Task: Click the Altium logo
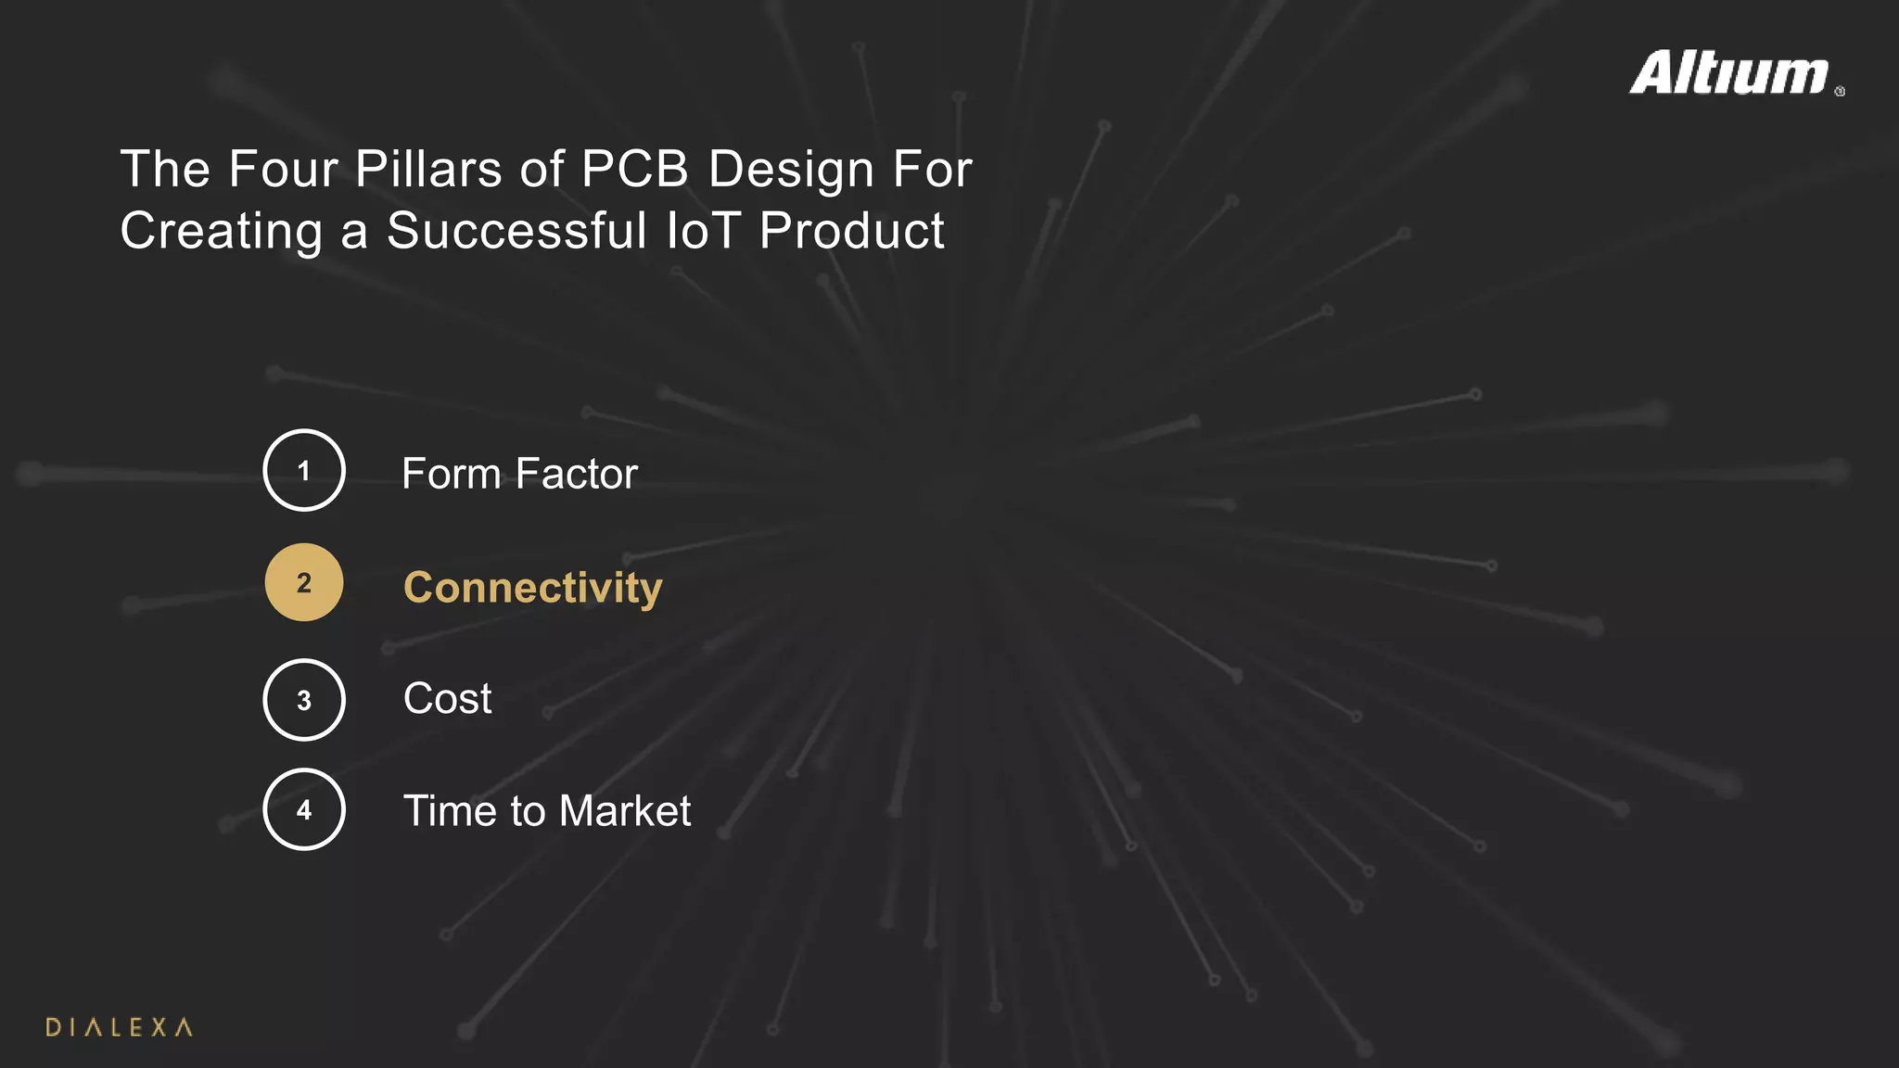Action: (1730, 73)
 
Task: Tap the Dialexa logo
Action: (119, 1027)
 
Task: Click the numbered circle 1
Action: (304, 471)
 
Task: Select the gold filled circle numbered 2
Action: (304, 582)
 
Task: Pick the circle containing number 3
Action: (304, 700)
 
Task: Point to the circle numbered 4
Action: (304, 809)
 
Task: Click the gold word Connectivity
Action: (533, 589)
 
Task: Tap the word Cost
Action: (447, 699)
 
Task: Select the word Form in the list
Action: (452, 474)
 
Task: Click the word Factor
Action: (577, 474)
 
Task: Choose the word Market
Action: (625, 811)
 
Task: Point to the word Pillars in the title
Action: (428, 170)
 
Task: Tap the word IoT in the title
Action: (703, 231)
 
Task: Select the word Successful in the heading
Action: (516, 231)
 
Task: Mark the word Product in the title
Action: (852, 231)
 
